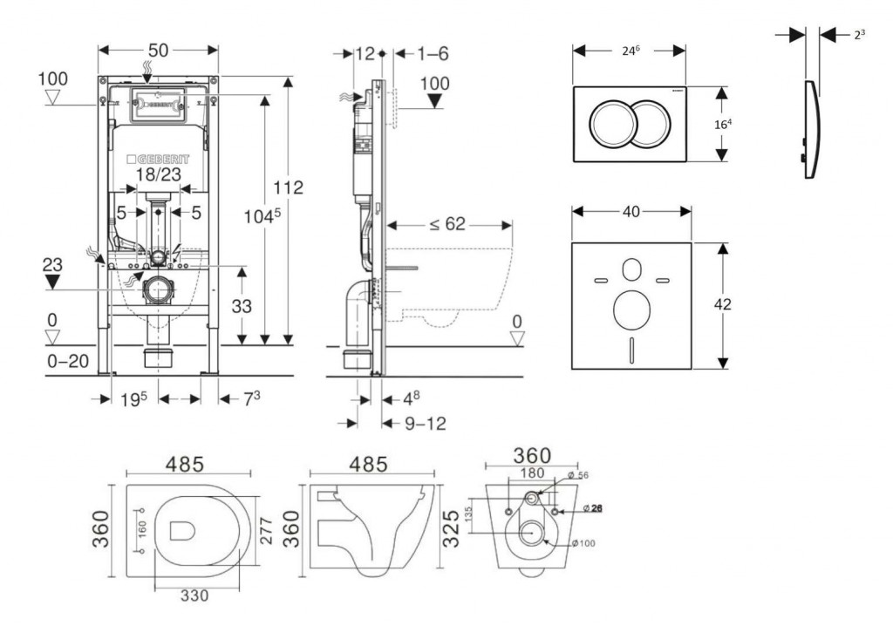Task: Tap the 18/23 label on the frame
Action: click(158, 174)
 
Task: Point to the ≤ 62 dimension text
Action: click(446, 225)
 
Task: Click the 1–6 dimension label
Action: click(432, 53)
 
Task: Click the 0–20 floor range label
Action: click(67, 360)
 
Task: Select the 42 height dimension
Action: click(722, 304)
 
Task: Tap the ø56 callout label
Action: click(578, 475)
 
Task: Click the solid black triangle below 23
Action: click(54, 281)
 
